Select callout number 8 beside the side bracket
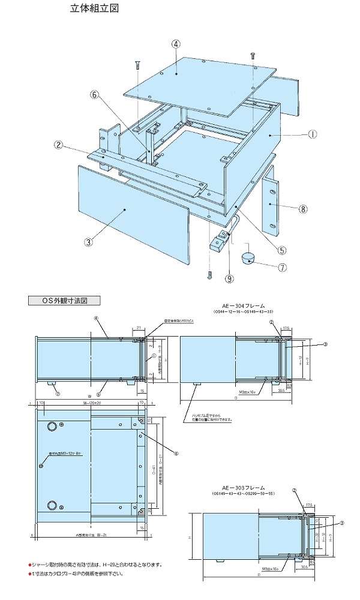click(x=304, y=209)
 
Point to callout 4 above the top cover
click(x=176, y=44)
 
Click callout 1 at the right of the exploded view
click(x=313, y=135)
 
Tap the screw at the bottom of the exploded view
click(x=209, y=275)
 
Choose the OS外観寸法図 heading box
click(x=63, y=301)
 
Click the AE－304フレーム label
click(x=243, y=306)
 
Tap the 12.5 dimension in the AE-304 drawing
click(x=287, y=328)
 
